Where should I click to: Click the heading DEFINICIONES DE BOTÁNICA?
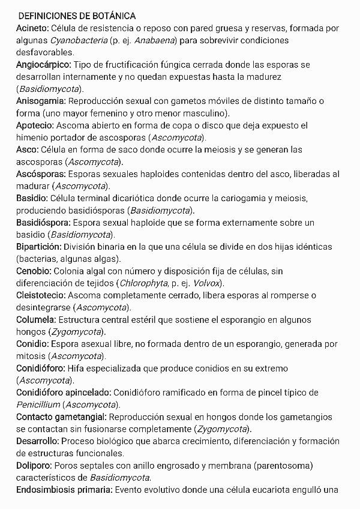pyautogui.click(x=77, y=16)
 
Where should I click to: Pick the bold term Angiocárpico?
pyautogui.click(x=44, y=64)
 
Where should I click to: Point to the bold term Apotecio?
pyautogui.click(x=35, y=125)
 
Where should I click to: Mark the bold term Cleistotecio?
pyautogui.click(x=41, y=295)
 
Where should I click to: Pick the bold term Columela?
pyautogui.click(x=36, y=319)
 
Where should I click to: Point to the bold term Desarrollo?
pyautogui.click(x=37, y=441)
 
